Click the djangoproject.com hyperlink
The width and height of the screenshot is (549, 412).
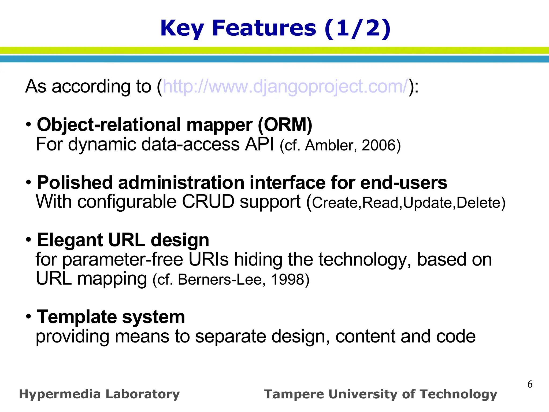(x=285, y=87)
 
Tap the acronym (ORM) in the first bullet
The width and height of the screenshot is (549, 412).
(x=285, y=125)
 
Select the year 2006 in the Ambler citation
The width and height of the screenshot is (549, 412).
(x=379, y=145)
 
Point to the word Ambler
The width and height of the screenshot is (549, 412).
(x=331, y=145)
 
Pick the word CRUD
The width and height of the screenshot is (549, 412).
(x=208, y=202)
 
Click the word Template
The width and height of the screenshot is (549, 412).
(x=77, y=317)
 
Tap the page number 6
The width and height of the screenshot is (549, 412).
(x=530, y=384)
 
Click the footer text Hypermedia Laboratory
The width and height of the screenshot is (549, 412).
(x=99, y=394)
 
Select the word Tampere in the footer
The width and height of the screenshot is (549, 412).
(x=294, y=394)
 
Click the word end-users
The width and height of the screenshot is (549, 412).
(x=404, y=183)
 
